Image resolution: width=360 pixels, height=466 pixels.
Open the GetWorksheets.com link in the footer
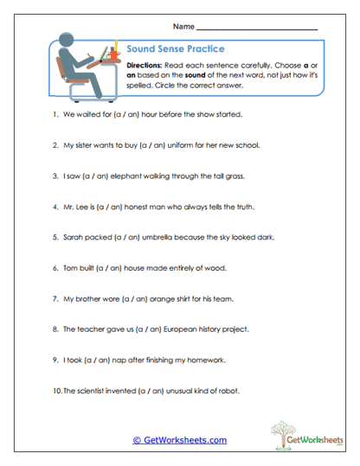(x=179, y=440)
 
